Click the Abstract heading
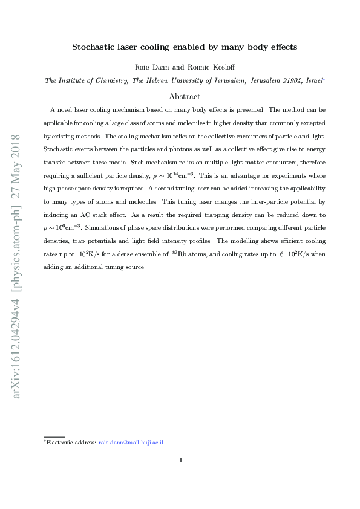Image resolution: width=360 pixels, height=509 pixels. tap(184, 96)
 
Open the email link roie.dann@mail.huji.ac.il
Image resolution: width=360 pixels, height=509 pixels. tap(131, 443)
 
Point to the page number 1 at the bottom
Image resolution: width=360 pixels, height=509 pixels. tap(180, 461)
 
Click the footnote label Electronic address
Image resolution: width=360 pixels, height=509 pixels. tap(71, 443)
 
